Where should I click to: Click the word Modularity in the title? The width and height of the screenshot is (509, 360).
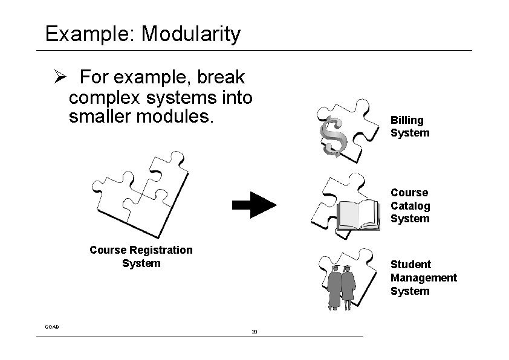pyautogui.click(x=190, y=34)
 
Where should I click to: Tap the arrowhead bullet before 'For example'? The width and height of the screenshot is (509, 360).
pyautogui.click(x=58, y=78)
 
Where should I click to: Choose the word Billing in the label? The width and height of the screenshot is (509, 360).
pyautogui.click(x=407, y=120)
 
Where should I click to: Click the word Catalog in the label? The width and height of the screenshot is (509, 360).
pyautogui.click(x=410, y=206)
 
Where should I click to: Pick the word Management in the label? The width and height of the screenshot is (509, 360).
pyautogui.click(x=423, y=278)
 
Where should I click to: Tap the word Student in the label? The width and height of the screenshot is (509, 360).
pyautogui.click(x=410, y=265)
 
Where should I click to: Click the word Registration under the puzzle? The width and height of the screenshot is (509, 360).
pyautogui.click(x=159, y=250)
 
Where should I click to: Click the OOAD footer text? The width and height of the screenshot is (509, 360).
pyautogui.click(x=52, y=327)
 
